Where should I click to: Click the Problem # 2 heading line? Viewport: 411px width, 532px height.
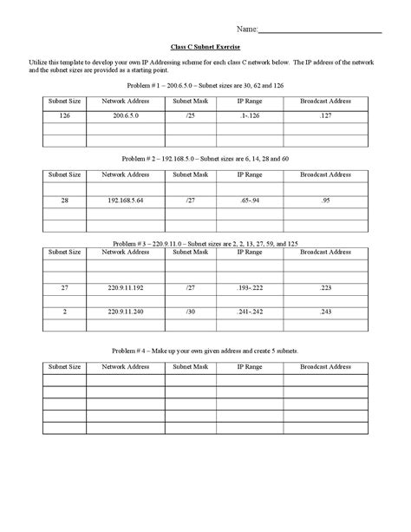(x=205, y=161)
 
